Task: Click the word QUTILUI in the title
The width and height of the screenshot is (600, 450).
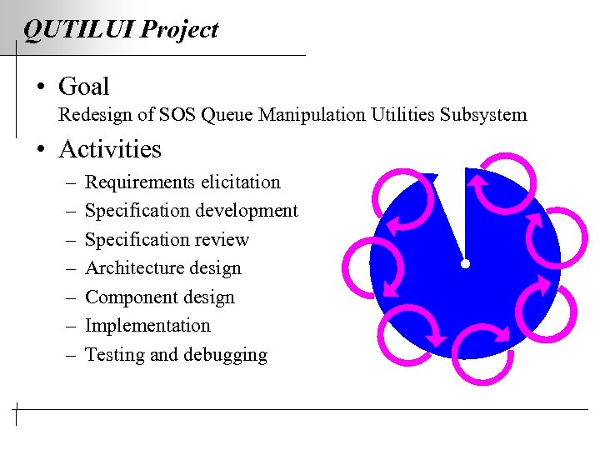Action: click(x=78, y=30)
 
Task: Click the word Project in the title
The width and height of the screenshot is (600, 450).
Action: click(x=179, y=31)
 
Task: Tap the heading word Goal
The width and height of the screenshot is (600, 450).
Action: click(x=84, y=86)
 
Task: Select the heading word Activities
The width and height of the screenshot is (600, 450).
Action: click(x=110, y=149)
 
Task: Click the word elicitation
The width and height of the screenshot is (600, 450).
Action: click(x=238, y=182)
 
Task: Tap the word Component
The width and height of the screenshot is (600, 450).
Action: click(x=126, y=297)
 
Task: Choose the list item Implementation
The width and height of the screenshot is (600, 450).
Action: click(x=147, y=326)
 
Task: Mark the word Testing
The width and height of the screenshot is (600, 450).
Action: click(x=115, y=356)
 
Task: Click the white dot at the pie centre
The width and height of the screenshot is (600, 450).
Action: click(x=465, y=264)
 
